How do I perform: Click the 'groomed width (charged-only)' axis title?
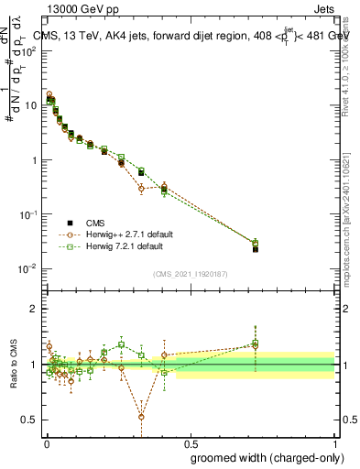pyautogui.click(x=262, y=457)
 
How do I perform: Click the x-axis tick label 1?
pyautogui.click(x=334, y=442)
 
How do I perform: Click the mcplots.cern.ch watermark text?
pyautogui.click(x=349, y=229)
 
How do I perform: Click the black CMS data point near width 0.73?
pyautogui.click(x=256, y=249)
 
